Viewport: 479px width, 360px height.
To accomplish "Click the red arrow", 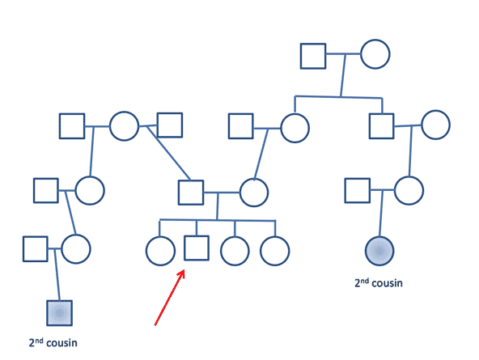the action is [x=170, y=298].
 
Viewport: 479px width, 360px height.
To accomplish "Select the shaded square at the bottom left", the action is [x=60, y=313].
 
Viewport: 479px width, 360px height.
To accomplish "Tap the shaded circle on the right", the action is [x=379, y=251].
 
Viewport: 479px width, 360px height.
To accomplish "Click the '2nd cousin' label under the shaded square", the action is [x=53, y=342].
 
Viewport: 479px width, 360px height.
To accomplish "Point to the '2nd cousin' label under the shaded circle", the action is [x=379, y=283].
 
